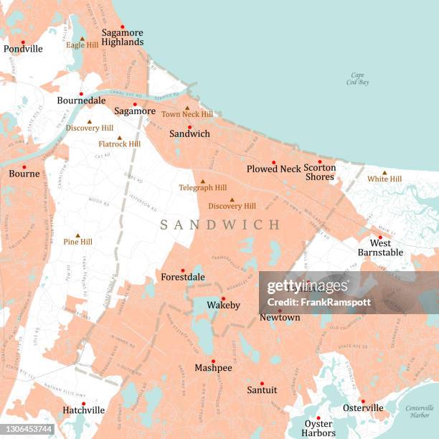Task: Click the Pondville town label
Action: coord(23,49)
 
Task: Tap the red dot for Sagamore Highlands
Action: coord(122,27)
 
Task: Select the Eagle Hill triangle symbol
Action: coord(82,39)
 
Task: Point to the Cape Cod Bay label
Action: coord(357,78)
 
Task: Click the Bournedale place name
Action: coord(81,101)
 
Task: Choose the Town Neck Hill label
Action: coord(187,114)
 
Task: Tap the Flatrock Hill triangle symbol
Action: coord(119,138)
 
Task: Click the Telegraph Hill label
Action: coord(202,188)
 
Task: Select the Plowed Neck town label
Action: coord(273,169)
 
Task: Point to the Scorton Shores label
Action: coord(319,172)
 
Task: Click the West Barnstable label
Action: coord(379,248)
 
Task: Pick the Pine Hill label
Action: coord(77,242)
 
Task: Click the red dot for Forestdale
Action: coord(182,270)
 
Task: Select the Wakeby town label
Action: coord(223,306)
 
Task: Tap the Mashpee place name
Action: coord(213,368)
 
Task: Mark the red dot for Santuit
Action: coord(261,383)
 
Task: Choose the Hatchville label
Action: coord(83,410)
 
